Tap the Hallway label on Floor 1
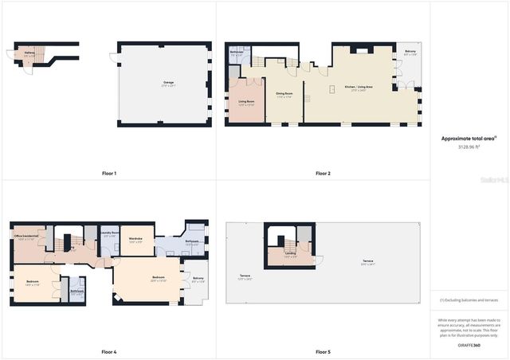(29, 53)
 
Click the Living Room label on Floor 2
(246, 102)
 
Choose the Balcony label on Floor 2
(410, 53)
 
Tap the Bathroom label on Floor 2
(237, 53)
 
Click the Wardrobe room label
(135, 238)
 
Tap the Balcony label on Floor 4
(198, 279)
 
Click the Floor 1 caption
(109, 173)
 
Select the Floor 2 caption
(323, 173)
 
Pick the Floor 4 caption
(109, 351)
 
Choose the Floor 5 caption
(323, 351)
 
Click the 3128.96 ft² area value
(469, 147)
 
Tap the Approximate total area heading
(469, 138)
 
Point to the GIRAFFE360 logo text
(469, 345)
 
